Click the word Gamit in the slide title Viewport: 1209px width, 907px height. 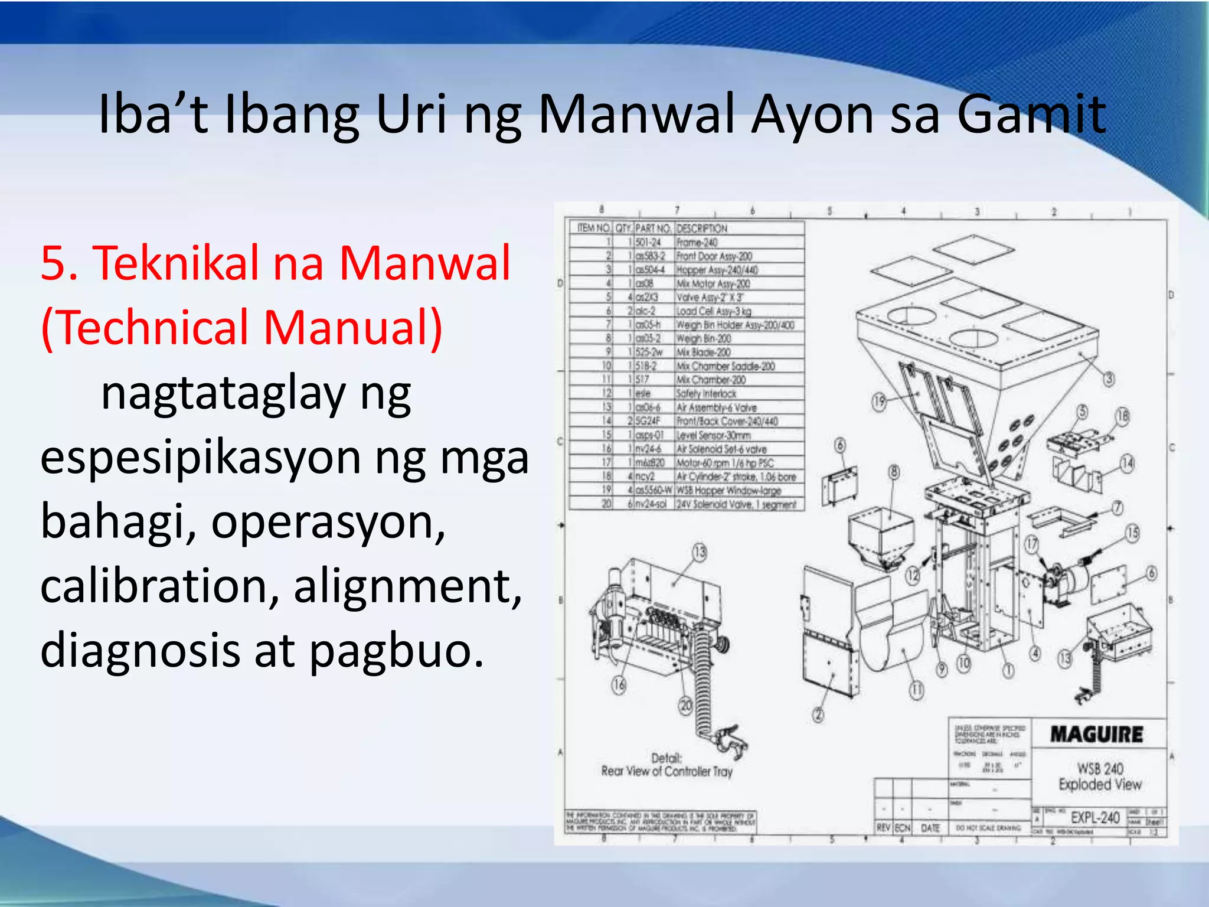1031,115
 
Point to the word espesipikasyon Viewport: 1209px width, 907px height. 200,458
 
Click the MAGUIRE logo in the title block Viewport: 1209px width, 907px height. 1097,735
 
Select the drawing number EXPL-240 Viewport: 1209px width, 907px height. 1095,818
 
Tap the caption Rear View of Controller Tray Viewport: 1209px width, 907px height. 666,771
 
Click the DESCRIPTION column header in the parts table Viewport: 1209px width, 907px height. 702,229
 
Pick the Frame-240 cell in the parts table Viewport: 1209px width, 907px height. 697,242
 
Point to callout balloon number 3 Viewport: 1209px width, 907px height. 1109,379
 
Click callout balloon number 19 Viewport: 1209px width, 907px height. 880,402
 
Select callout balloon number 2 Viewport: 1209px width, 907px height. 818,715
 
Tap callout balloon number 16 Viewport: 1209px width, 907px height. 619,685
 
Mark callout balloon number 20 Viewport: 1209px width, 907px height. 685,706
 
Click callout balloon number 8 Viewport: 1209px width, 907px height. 894,472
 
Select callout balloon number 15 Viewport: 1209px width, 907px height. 1132,533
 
